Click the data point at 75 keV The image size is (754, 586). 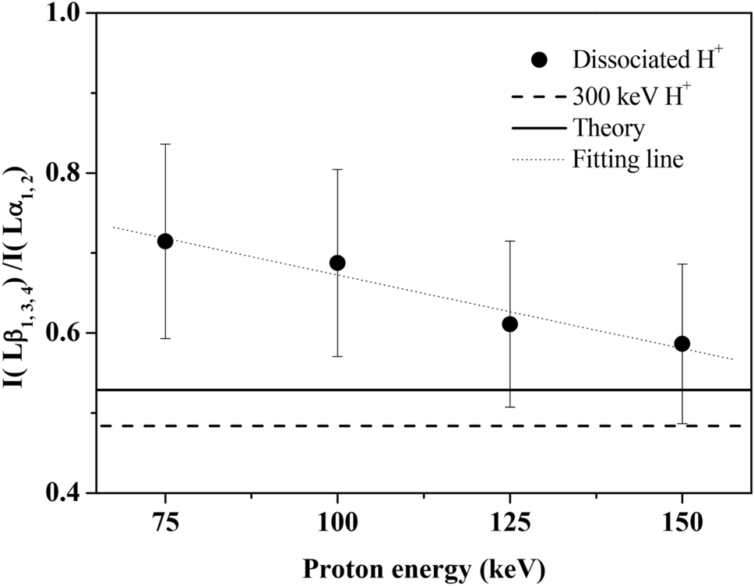tap(165, 242)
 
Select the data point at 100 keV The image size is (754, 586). tap(337, 263)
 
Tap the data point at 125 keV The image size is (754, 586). tap(509, 324)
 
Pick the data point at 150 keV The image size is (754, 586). tap(682, 344)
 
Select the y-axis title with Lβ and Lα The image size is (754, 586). tap(21, 253)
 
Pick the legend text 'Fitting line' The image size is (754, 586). tap(628, 160)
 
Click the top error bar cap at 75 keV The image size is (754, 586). tap(165, 144)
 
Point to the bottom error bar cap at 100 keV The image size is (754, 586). tap(337, 356)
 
